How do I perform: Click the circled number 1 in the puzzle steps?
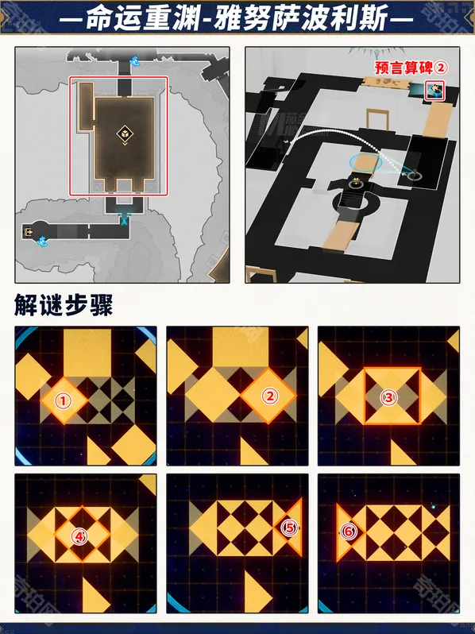click(64, 401)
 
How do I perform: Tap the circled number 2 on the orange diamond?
click(269, 396)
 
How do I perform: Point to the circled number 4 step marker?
click(78, 536)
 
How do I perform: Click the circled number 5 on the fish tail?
click(290, 526)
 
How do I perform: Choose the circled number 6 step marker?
click(347, 531)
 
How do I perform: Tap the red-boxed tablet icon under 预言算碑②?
click(434, 90)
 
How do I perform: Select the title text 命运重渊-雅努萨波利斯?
click(237, 17)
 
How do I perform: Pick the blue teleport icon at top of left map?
click(136, 60)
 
